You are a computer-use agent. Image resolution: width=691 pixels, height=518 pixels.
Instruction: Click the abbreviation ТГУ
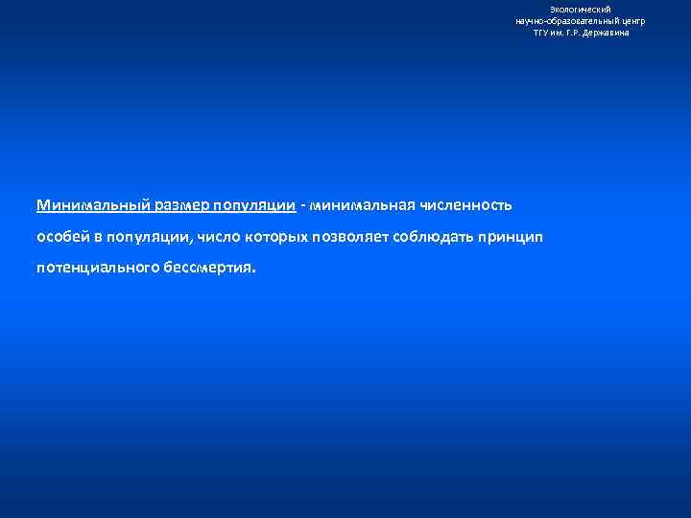[x=542, y=33]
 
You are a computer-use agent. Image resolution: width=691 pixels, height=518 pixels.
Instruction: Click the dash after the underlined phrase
[x=303, y=205]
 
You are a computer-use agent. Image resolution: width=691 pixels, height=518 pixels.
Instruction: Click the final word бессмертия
[x=215, y=269]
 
